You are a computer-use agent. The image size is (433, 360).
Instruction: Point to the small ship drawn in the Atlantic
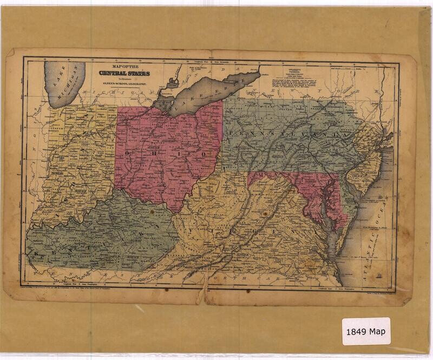pos(381,274)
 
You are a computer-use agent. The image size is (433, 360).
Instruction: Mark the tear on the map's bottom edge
pos(204,295)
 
